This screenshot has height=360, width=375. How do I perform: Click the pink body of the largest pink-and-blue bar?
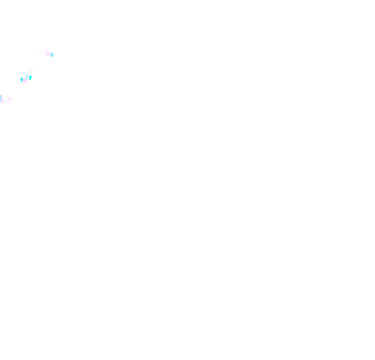coord(47,53)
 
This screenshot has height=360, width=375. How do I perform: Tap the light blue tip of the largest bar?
coord(52,55)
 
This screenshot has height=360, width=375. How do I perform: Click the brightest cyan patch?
coord(30,78)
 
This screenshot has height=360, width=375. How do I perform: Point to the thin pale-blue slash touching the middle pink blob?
coord(27,77)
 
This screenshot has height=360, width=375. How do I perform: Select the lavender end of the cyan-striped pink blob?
coord(21,80)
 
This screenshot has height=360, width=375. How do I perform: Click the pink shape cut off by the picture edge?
coord(2,99)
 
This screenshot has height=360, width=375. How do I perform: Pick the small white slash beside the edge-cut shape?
coord(5,101)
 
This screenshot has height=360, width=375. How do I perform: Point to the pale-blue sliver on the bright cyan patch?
coord(29,77)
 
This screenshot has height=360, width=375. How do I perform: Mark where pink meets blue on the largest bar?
coord(50,54)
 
